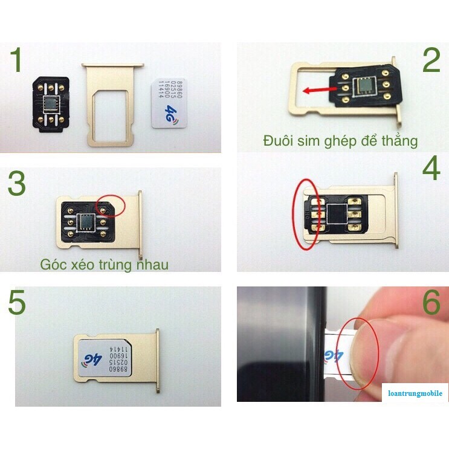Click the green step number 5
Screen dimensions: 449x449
click(16, 305)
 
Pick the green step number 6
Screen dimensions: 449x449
click(431, 303)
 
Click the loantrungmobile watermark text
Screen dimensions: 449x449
click(415, 393)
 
